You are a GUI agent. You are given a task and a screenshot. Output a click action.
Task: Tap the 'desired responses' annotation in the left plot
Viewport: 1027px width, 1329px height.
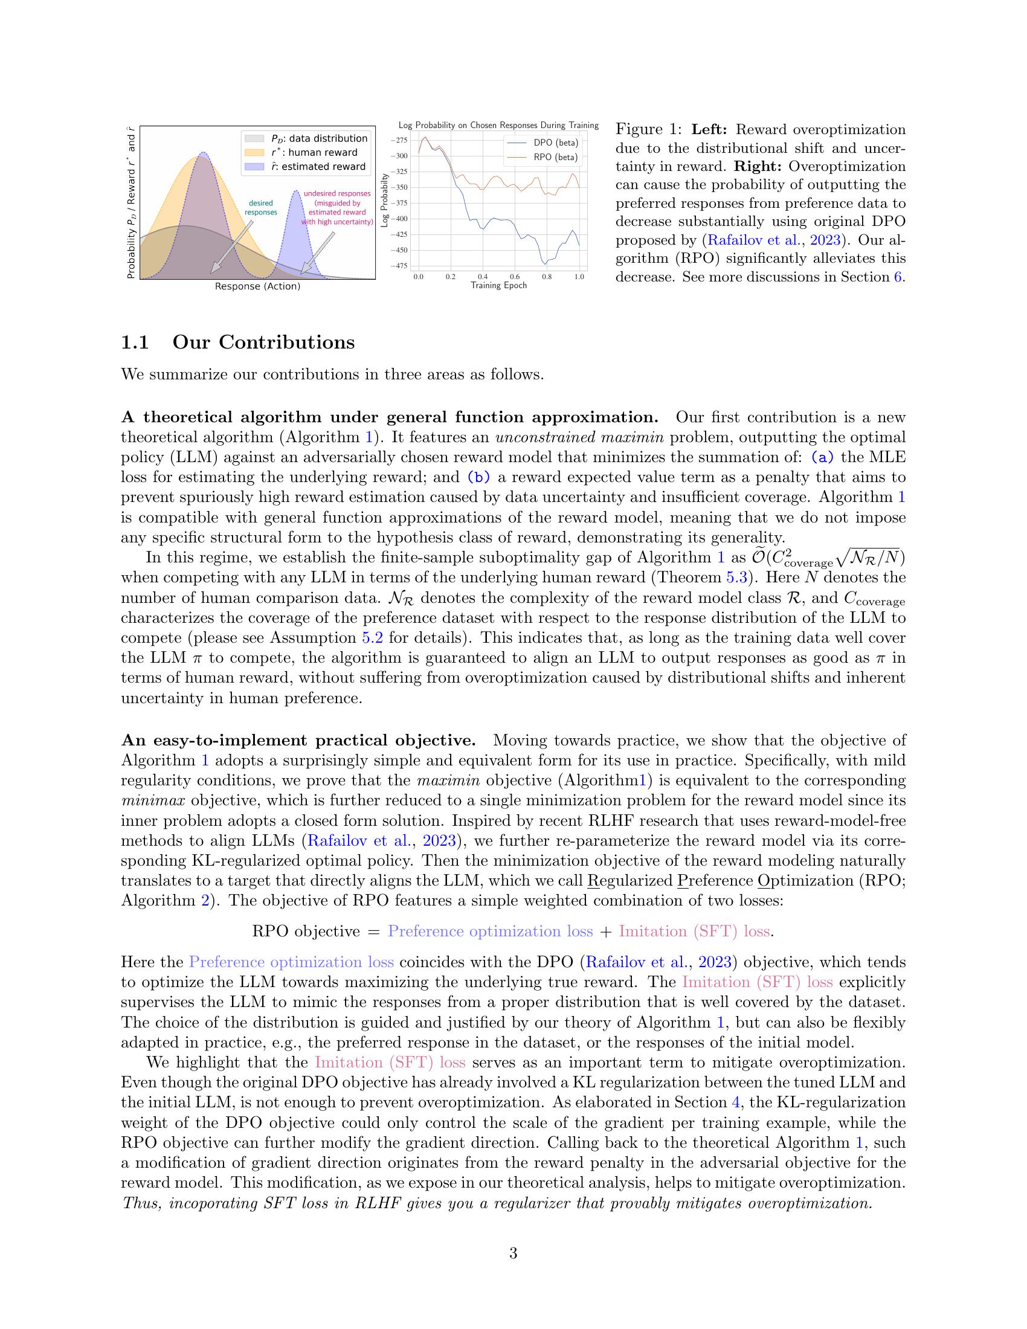[260, 207]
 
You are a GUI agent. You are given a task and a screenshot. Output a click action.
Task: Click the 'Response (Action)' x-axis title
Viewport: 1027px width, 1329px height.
[257, 286]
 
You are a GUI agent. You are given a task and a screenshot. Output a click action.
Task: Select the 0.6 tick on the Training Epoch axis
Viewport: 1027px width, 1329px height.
[515, 276]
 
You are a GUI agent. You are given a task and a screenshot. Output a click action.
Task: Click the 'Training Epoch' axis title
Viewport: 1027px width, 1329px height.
[498, 285]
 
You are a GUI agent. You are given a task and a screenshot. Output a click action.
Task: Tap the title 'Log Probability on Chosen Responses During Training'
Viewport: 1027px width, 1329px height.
[498, 126]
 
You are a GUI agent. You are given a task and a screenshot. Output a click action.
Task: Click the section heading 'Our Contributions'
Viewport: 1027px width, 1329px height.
[263, 343]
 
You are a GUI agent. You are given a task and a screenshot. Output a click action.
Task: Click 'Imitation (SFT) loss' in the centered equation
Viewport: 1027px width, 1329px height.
[694, 932]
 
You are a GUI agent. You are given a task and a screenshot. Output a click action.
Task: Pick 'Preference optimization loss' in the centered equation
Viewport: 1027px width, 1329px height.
[490, 932]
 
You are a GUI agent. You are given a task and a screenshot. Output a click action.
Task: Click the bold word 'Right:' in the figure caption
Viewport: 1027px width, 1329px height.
[759, 167]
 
